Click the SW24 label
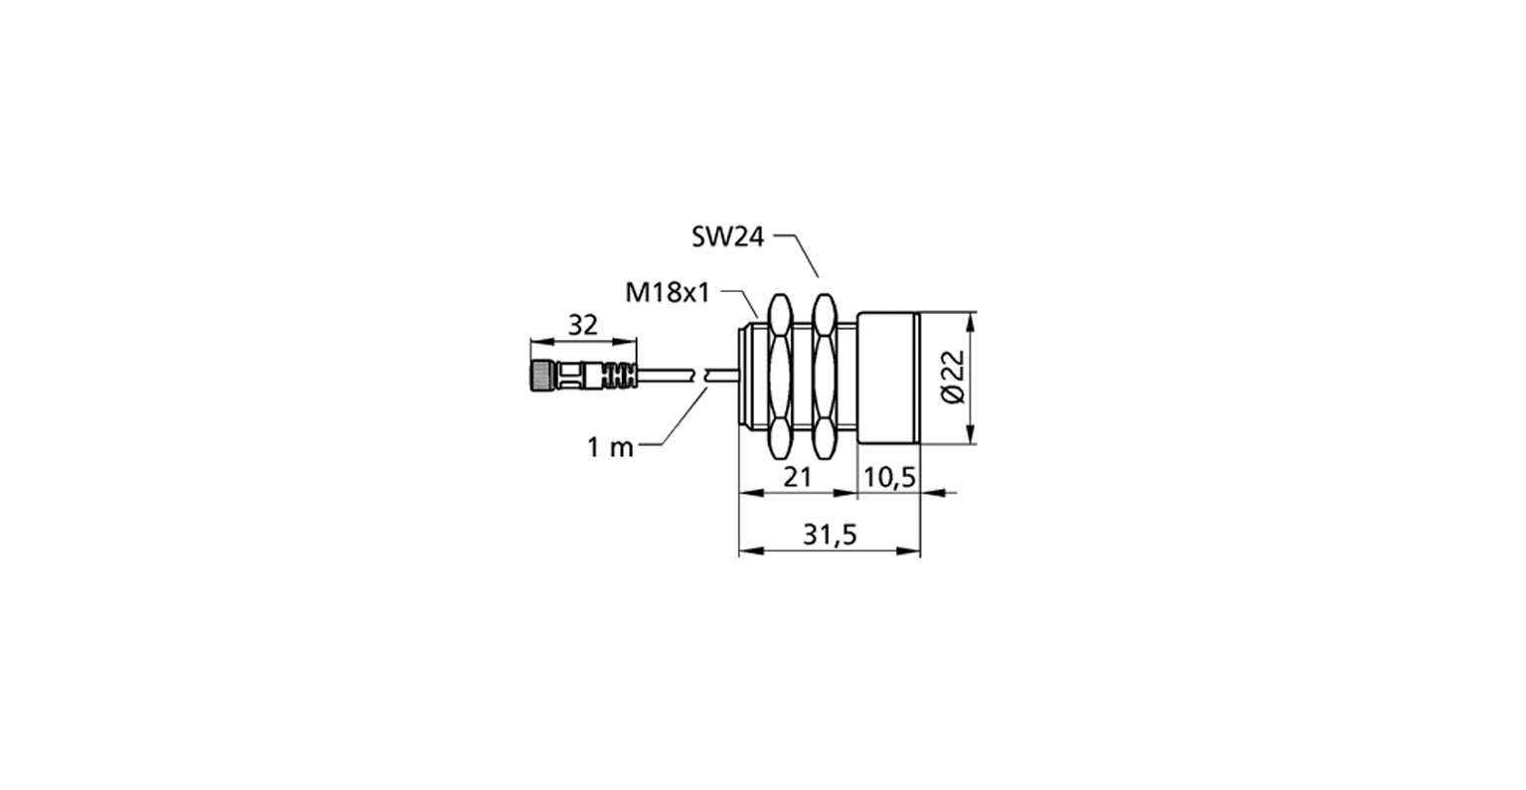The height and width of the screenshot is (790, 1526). click(x=727, y=237)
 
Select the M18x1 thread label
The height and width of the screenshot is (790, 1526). click(x=668, y=293)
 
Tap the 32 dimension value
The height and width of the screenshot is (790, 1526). click(x=583, y=325)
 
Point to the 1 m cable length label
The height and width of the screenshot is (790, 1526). click(x=610, y=447)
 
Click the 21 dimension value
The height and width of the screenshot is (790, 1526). click(x=797, y=477)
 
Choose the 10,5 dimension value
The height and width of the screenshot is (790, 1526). click(x=890, y=478)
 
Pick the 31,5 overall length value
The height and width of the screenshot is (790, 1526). click(x=830, y=535)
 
